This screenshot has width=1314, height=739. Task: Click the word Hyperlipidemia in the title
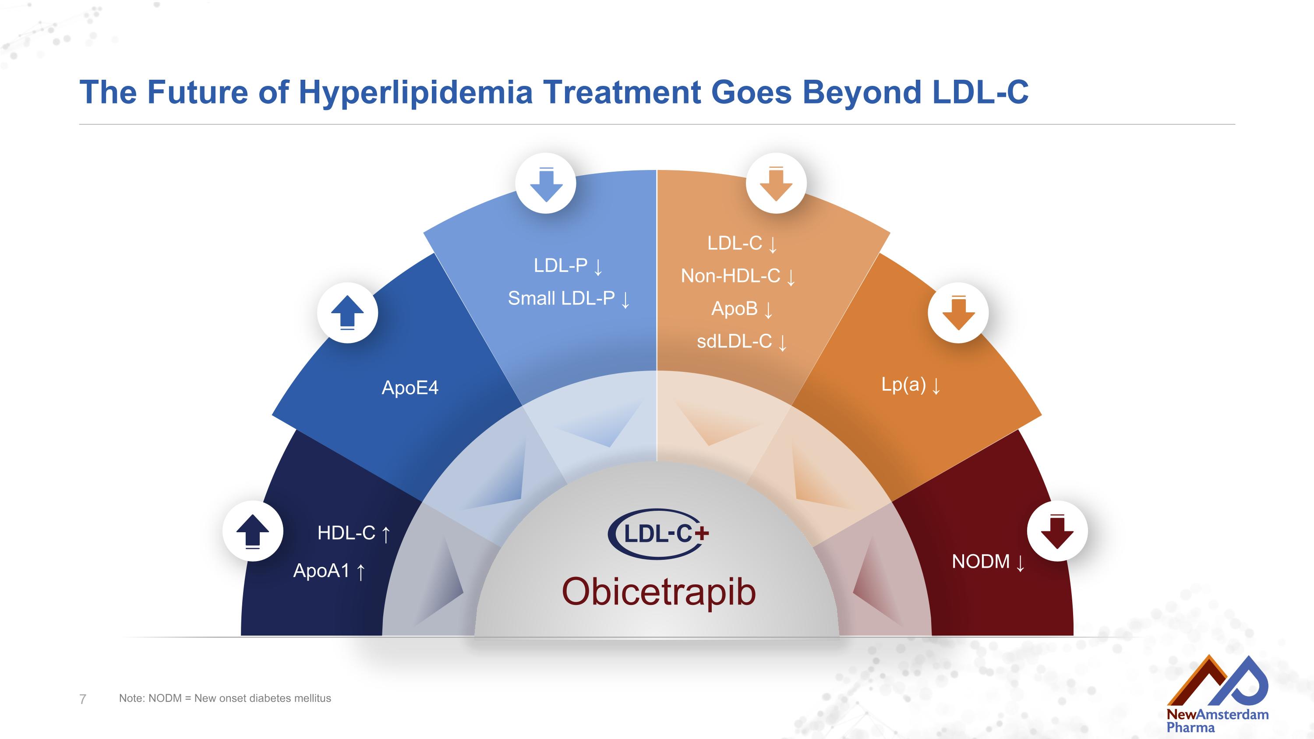pyautogui.click(x=415, y=93)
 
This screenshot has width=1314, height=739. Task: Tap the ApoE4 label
pyautogui.click(x=410, y=388)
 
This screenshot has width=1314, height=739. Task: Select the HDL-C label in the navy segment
pyautogui.click(x=346, y=533)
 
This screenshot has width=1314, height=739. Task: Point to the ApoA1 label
pyautogui.click(x=321, y=571)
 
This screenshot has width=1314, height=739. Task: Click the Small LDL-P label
pyautogui.click(x=561, y=298)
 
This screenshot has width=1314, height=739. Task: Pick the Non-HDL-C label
pyautogui.click(x=731, y=276)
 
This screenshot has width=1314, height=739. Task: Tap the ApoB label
pyautogui.click(x=735, y=308)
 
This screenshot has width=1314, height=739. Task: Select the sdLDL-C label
pyautogui.click(x=735, y=341)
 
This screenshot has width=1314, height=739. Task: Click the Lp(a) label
pyautogui.click(x=903, y=385)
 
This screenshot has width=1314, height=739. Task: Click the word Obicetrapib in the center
pyautogui.click(x=658, y=592)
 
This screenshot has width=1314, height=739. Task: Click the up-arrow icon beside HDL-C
pyautogui.click(x=252, y=531)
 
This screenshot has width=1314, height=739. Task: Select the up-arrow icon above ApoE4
pyautogui.click(x=347, y=312)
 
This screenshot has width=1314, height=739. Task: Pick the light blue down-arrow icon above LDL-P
pyautogui.click(x=546, y=183)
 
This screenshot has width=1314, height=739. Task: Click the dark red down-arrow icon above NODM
pyautogui.click(x=1057, y=531)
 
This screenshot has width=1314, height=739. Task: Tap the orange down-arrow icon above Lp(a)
pyautogui.click(x=958, y=312)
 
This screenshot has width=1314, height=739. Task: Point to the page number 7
pyautogui.click(x=83, y=699)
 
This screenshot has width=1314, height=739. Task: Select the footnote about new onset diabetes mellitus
pyautogui.click(x=225, y=698)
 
